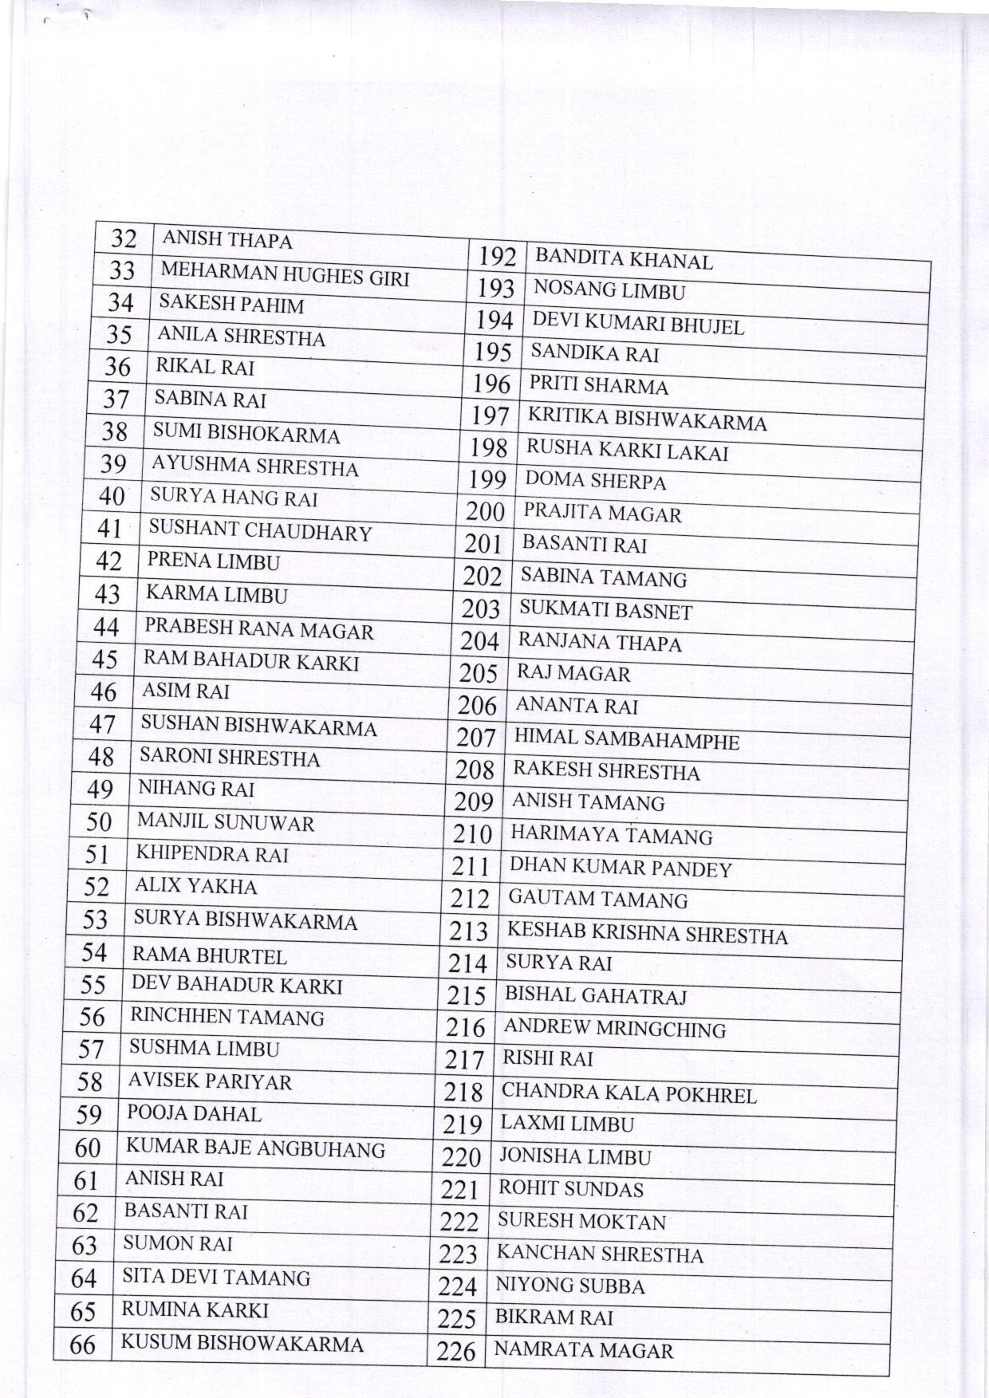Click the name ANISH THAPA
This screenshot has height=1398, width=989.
(x=227, y=240)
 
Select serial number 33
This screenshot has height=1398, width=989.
(x=122, y=270)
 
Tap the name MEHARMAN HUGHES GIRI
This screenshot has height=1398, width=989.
(x=285, y=274)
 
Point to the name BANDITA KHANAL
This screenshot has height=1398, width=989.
(x=624, y=259)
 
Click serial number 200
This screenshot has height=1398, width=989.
(x=485, y=511)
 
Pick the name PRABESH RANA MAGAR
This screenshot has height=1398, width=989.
(x=258, y=629)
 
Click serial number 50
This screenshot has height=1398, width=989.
(x=98, y=821)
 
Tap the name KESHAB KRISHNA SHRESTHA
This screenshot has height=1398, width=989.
(x=647, y=933)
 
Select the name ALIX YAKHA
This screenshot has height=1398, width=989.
(x=195, y=886)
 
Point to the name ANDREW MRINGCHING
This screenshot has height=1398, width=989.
(x=614, y=1028)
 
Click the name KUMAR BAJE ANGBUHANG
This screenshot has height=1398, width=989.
(x=255, y=1148)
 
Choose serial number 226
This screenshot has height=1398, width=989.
(x=456, y=1351)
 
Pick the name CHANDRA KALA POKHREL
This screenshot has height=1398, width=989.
(x=628, y=1093)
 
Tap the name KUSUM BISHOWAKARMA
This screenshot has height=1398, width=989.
(x=242, y=1343)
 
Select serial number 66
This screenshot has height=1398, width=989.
(x=82, y=1345)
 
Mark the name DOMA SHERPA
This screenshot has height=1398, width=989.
(x=595, y=481)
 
